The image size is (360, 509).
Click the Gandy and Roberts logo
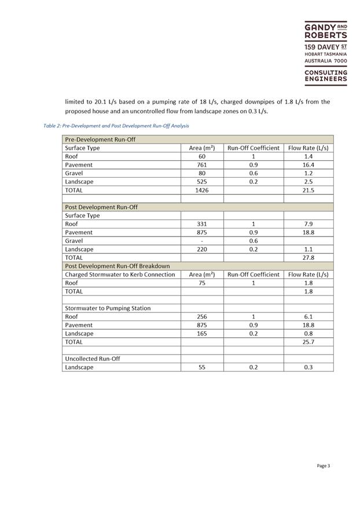326,53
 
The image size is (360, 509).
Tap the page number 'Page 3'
323,466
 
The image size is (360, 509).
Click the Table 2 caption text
116,126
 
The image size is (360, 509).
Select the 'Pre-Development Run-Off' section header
98,139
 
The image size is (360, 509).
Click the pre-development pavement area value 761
202,165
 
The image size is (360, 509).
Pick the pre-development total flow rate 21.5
308,190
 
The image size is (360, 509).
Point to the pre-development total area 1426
202,190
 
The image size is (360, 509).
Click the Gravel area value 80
202,173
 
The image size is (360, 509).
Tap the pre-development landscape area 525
202,182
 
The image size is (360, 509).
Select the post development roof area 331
202,224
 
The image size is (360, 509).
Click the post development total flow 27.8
308,257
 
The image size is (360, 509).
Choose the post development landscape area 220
202,249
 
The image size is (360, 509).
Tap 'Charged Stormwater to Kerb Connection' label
120,274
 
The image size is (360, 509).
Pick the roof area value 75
202,283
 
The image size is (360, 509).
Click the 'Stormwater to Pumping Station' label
108,308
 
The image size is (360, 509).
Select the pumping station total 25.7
308,342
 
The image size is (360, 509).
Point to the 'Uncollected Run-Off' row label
91,359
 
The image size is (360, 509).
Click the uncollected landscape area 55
202,367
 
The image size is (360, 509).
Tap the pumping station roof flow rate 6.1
308,316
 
